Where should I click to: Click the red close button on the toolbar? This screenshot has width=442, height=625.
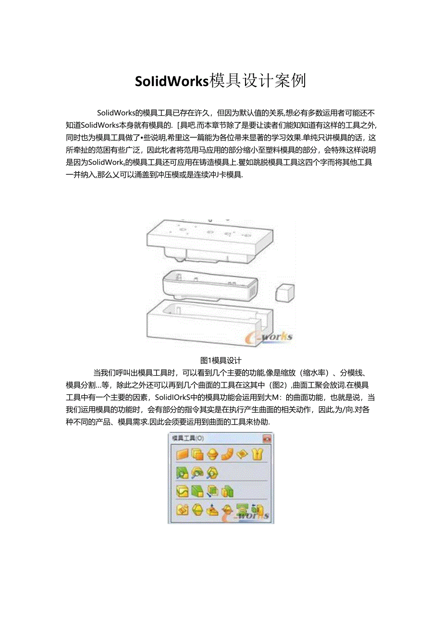click(267, 438)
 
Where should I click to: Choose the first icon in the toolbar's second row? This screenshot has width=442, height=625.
click(182, 473)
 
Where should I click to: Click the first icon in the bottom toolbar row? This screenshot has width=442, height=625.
click(182, 510)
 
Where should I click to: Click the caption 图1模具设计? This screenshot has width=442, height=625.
click(221, 360)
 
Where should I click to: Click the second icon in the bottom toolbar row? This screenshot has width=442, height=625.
click(197, 510)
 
